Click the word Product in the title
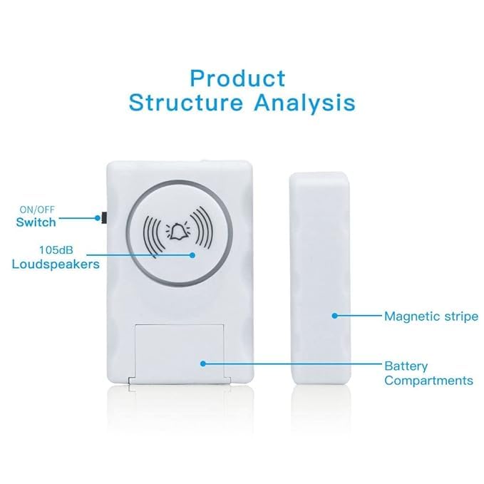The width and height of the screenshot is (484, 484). tap(237, 78)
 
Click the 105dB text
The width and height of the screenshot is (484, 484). tap(53, 250)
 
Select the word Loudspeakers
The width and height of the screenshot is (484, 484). tap(55, 264)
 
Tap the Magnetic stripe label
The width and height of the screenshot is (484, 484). tap(431, 315)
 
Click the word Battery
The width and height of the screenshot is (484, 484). tap(406, 366)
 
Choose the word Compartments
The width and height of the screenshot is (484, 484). tap(428, 381)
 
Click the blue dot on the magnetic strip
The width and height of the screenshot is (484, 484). tap(334, 314)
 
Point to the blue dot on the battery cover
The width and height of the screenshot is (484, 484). tap(203, 363)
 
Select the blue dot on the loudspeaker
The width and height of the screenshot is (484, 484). tap(192, 254)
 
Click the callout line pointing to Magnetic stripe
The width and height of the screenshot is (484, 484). tap(356, 314)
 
